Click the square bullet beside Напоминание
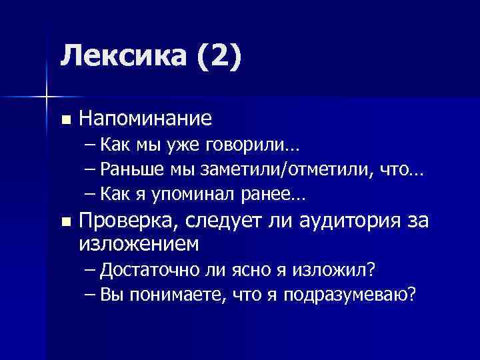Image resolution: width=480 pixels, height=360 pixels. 65,120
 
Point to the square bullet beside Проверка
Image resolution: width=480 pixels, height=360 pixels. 65,221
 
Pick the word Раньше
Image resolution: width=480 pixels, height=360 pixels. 133,171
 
